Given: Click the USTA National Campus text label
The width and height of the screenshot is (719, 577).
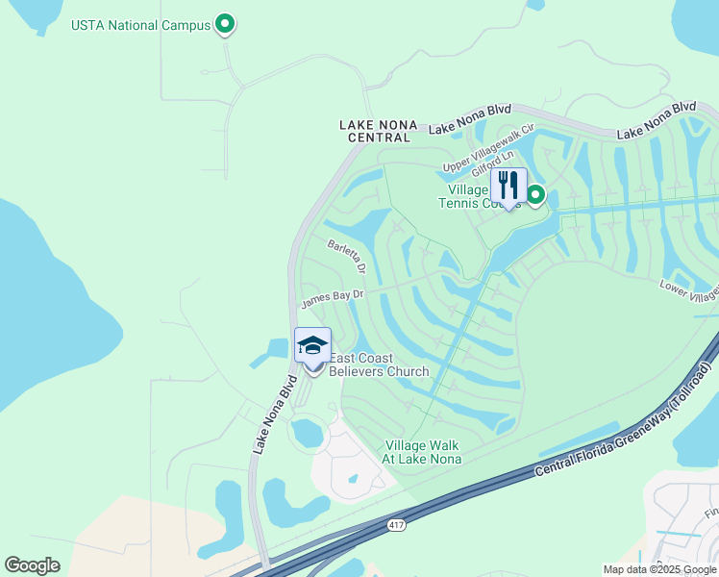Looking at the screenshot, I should coord(140,24).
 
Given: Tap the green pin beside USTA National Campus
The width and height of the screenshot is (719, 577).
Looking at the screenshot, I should coord(225,23).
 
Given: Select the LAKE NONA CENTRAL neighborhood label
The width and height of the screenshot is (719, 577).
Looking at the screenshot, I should coord(375,131).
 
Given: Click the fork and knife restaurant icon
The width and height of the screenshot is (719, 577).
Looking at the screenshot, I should coord(508,185).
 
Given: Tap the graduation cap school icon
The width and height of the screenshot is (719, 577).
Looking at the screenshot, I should coord(312,345).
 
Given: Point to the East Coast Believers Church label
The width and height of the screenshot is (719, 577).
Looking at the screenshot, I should coord(379,365).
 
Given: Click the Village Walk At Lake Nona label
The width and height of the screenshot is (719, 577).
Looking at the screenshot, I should coord(423,452).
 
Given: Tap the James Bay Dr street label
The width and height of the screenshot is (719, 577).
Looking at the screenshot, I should coord(333,299).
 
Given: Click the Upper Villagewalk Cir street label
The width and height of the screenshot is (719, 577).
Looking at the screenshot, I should coord(487,149).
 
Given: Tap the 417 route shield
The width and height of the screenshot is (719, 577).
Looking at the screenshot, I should coord(396,525).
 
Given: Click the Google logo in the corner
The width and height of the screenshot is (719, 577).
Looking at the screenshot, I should coord(32,565).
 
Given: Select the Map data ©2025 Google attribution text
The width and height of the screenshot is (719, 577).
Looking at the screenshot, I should coord(658,569).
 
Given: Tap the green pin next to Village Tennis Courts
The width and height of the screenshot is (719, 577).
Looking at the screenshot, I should coord(535,196).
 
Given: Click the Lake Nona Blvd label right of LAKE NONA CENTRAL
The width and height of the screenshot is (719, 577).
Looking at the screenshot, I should coord(469,120).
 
